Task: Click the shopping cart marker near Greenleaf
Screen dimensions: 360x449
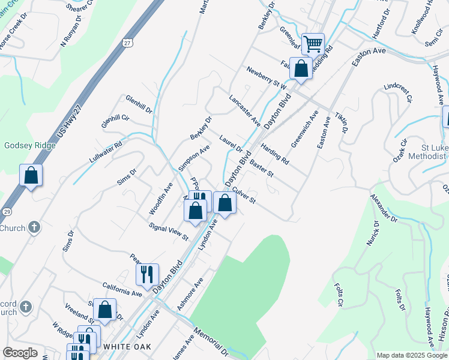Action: click(x=313, y=43)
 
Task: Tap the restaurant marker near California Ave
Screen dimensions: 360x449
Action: click(x=147, y=274)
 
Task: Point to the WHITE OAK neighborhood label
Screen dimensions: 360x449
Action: click(x=125, y=347)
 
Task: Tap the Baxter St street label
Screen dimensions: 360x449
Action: click(x=261, y=169)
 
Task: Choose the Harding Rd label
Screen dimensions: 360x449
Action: click(x=276, y=153)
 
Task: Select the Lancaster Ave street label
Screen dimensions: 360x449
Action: click(x=244, y=110)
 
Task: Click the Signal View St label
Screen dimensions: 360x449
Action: click(x=169, y=232)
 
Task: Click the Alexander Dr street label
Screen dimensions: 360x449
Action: click(x=384, y=208)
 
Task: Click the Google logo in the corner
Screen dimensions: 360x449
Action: click(x=20, y=352)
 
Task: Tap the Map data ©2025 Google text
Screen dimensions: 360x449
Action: click(x=412, y=355)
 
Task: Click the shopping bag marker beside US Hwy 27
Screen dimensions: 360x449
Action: click(x=31, y=176)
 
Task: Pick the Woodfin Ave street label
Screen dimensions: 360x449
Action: click(x=161, y=199)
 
